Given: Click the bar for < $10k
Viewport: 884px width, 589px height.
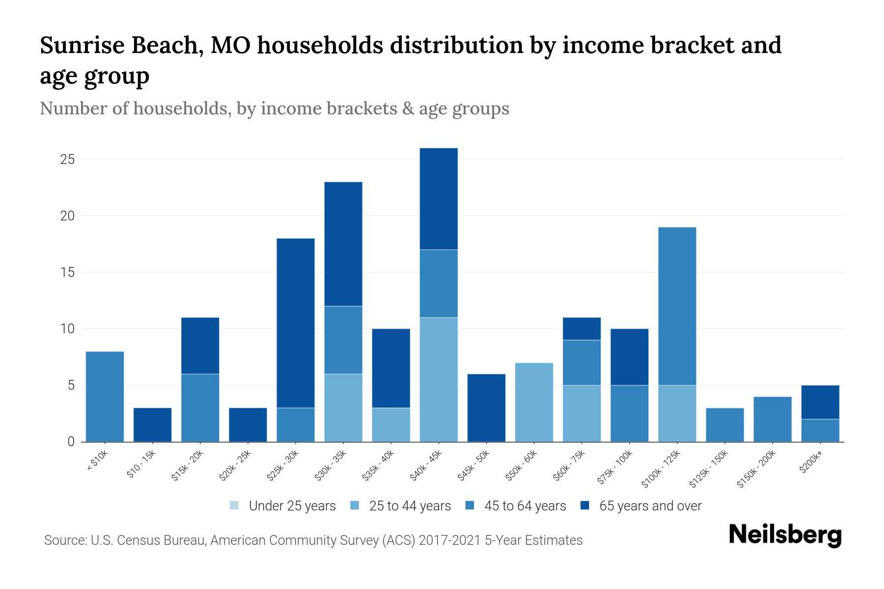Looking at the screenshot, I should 105,397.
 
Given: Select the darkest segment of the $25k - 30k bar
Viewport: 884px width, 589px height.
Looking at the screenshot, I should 296,322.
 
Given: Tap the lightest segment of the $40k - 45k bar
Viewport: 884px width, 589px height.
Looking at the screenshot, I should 439,379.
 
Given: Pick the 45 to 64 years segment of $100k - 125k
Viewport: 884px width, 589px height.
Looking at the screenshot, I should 677,306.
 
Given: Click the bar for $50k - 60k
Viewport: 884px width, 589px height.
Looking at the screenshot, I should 534,402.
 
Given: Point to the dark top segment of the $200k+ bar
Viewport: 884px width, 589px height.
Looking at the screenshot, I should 820,402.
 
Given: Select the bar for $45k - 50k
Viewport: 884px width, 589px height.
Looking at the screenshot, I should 486,408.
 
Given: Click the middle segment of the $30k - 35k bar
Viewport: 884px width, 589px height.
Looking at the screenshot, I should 343,340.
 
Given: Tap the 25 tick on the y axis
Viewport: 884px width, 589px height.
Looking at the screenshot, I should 67,160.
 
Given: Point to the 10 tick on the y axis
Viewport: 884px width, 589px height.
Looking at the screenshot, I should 67,329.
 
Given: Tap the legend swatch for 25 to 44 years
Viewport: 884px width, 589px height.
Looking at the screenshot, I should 355,506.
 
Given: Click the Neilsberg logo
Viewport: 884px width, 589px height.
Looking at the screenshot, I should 785,535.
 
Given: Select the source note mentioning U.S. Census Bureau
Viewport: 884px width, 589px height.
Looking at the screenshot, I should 313,540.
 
